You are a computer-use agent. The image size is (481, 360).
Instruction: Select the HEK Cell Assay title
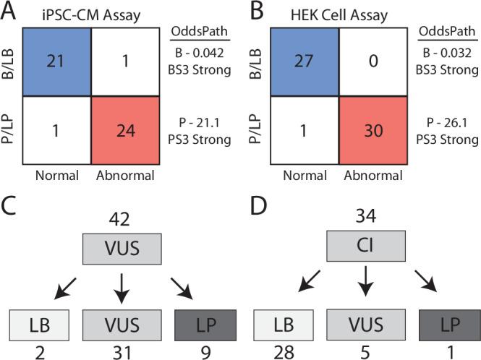[334, 13]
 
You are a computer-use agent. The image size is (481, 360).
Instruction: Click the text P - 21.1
[197, 119]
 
